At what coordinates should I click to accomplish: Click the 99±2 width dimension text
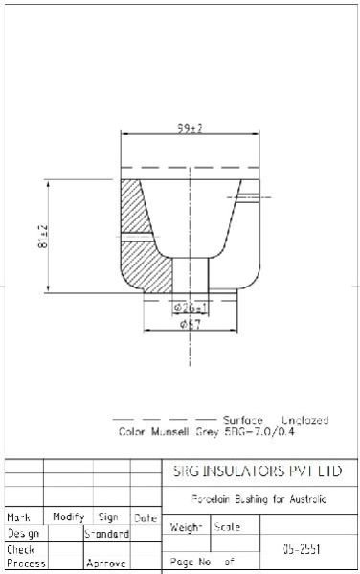[x=190, y=128]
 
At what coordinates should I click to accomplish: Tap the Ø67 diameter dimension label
[x=190, y=325]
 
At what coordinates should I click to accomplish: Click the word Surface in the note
[x=242, y=421]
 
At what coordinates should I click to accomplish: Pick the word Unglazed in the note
[x=305, y=421]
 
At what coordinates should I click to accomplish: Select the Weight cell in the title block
[x=185, y=527]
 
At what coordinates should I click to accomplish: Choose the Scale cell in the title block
[x=228, y=527]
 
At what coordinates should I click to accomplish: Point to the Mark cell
[x=19, y=517]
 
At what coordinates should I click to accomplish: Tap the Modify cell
[x=68, y=517]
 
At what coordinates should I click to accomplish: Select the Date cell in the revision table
[x=145, y=517]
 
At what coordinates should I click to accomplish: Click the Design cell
[x=23, y=533]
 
